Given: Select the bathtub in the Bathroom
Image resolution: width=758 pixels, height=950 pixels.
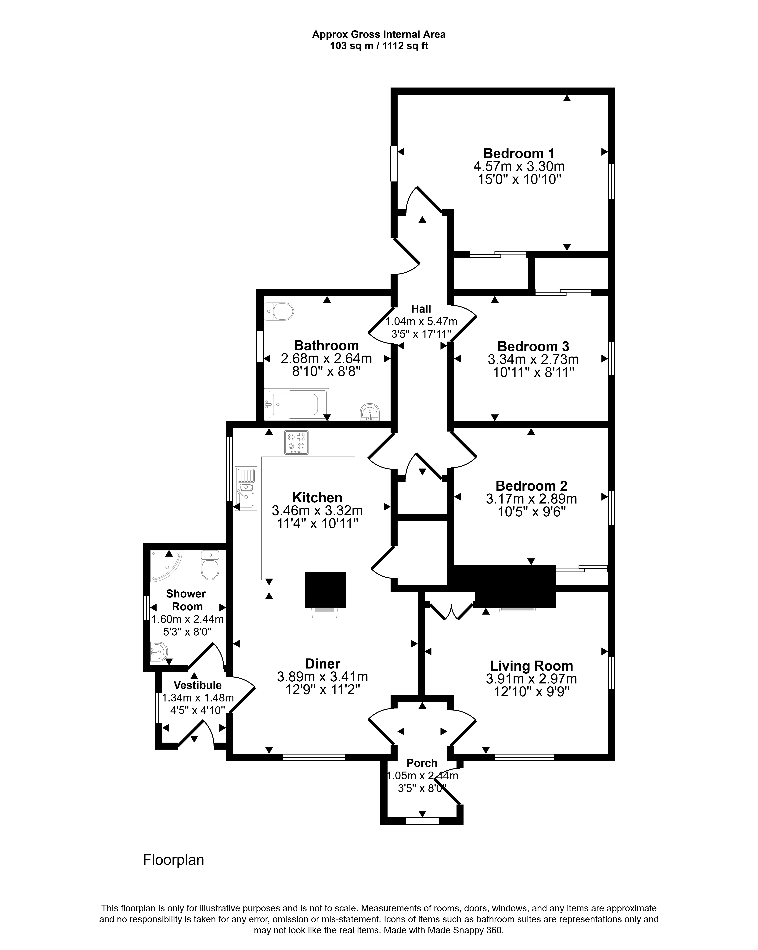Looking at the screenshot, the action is pos(296,404).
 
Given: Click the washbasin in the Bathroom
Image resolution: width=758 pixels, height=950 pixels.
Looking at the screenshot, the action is pos(370,412).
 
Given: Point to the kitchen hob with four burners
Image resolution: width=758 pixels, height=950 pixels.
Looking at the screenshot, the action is pos(296,442).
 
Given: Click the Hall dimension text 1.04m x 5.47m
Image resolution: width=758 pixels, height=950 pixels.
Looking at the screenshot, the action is pos(421,321).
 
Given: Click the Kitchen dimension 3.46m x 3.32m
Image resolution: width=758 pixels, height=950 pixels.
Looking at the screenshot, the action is pos(317,511).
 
